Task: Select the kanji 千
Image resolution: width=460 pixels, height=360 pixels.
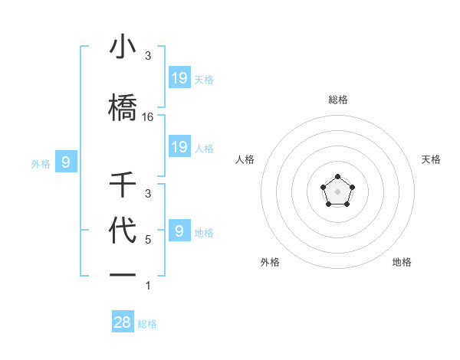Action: point(123,185)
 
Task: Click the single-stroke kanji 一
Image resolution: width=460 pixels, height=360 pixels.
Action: point(123,274)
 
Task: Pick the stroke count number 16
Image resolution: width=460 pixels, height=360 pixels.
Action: point(148,117)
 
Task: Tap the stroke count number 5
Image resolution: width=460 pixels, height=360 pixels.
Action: point(148,239)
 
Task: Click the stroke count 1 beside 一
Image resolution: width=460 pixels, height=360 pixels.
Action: point(148,286)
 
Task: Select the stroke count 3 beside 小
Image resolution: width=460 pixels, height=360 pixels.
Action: point(148,56)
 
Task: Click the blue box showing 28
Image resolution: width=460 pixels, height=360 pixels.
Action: point(123,322)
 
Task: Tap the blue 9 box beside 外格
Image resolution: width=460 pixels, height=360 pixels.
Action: point(66,162)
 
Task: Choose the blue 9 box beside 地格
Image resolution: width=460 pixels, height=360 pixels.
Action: point(179,231)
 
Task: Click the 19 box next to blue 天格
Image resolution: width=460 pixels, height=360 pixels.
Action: point(179,77)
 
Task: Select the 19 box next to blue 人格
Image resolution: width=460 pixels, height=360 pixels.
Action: point(179,146)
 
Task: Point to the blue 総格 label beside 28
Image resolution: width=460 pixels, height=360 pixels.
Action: point(147,324)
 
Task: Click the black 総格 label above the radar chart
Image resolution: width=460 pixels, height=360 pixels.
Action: point(337,100)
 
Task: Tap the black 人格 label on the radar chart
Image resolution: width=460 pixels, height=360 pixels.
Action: point(245,159)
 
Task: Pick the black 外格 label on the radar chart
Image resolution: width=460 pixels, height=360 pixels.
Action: point(270,262)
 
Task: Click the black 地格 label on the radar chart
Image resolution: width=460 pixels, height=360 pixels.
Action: point(402,262)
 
